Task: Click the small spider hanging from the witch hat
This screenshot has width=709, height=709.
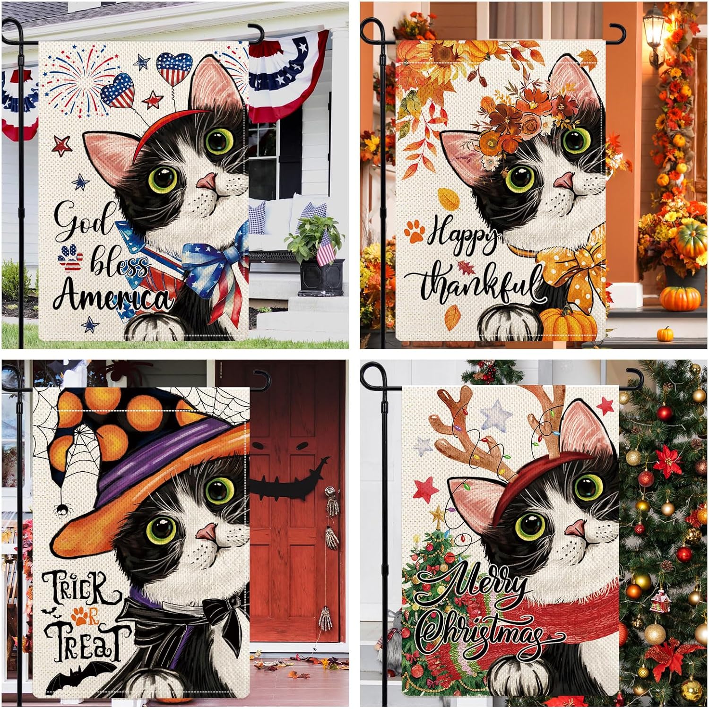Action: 61,510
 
